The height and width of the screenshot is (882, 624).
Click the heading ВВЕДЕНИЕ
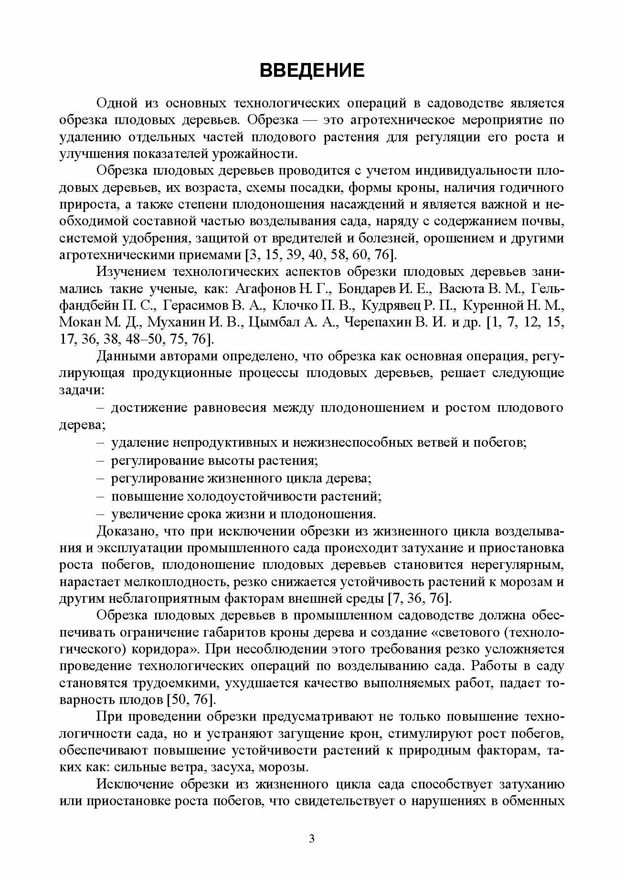312,70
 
